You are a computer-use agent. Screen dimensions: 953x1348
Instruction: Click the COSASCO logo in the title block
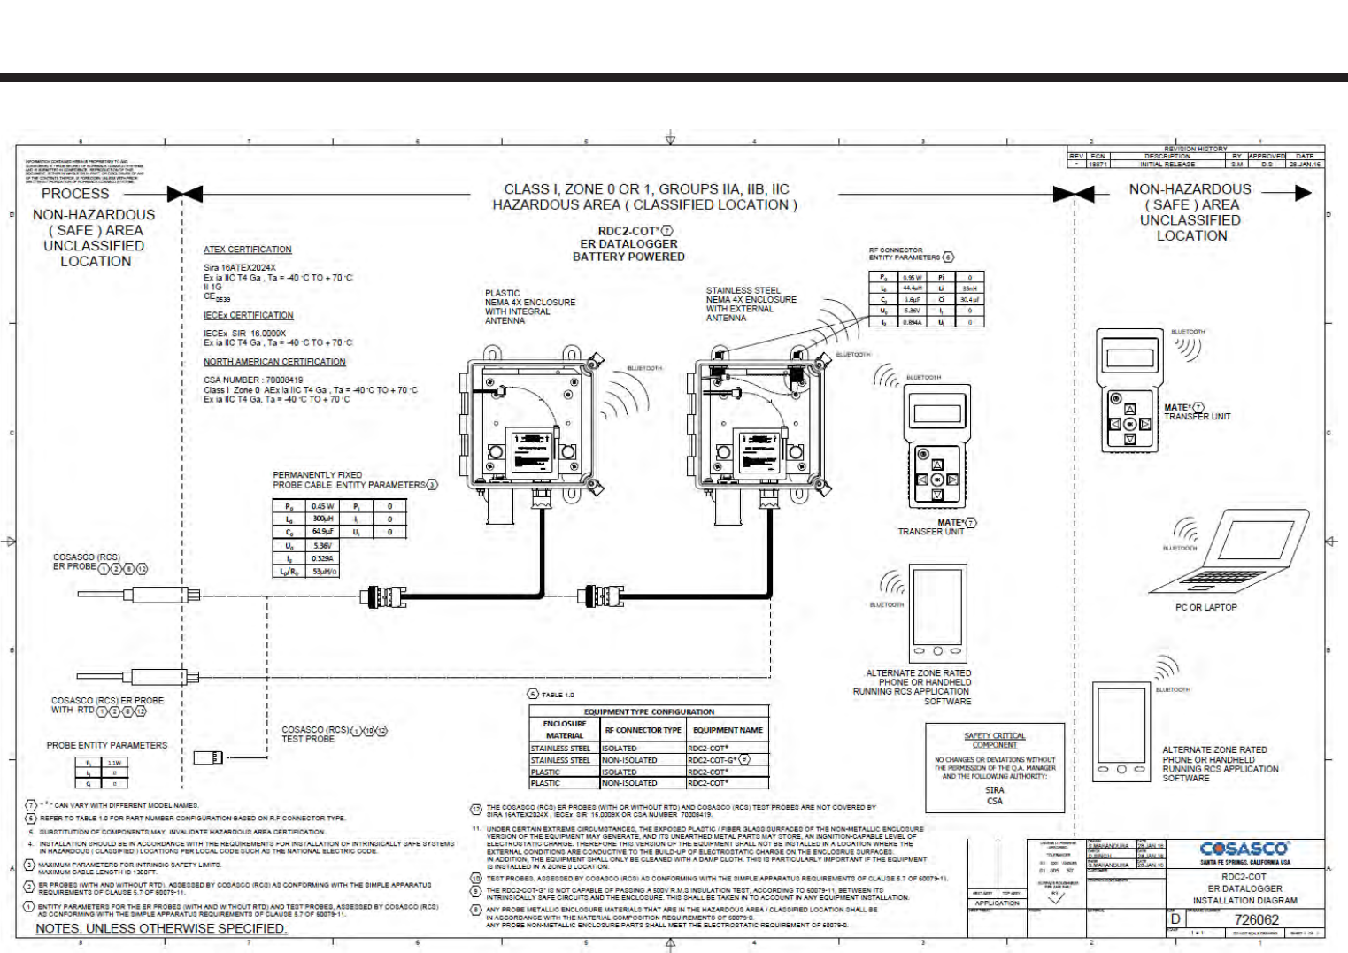(1244, 849)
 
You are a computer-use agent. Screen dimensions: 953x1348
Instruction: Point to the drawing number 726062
(1256, 919)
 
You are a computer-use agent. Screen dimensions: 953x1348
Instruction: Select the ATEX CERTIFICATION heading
(247, 250)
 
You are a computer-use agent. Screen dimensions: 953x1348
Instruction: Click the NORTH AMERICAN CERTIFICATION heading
(274, 362)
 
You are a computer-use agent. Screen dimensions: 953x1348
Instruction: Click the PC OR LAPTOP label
(1205, 608)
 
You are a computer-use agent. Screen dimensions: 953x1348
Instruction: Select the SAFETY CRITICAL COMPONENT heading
(995, 740)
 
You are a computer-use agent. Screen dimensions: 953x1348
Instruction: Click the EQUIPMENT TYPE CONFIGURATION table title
(649, 711)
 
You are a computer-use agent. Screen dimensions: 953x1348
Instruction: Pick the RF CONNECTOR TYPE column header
(643, 730)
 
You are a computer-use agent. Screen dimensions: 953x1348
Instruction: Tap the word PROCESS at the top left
(75, 194)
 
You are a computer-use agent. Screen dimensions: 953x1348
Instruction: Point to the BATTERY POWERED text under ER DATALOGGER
(628, 257)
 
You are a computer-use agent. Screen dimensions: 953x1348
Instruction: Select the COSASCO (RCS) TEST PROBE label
(315, 734)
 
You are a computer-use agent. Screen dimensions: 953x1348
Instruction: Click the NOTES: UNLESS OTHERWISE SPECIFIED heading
(161, 928)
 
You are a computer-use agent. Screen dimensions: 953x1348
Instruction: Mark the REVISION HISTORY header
(1195, 149)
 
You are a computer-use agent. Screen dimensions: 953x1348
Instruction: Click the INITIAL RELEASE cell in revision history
(1167, 165)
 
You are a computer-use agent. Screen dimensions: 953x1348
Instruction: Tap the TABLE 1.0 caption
(557, 695)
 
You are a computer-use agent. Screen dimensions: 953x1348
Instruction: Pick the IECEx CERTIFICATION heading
(248, 315)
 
